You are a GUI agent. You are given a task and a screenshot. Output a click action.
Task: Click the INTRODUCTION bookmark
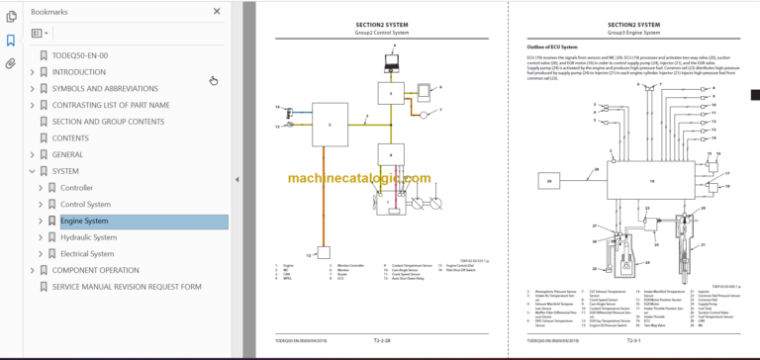point(79,72)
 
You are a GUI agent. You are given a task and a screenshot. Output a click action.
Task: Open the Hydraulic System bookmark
point(88,237)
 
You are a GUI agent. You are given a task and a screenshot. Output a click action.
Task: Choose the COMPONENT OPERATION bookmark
point(95,270)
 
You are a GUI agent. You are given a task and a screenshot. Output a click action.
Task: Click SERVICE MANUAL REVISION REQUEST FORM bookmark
point(126,287)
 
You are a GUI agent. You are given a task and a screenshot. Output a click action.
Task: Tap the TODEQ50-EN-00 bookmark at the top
point(80,55)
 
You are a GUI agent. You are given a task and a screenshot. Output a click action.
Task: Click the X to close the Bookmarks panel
point(217,12)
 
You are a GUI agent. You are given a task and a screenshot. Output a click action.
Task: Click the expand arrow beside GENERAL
point(32,154)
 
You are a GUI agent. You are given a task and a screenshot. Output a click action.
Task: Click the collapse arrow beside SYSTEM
point(32,171)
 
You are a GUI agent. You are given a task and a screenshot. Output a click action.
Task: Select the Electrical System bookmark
point(87,253)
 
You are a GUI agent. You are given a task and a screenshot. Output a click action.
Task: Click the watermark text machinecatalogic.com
point(360,179)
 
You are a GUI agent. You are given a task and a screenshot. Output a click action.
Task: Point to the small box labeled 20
point(549,180)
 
